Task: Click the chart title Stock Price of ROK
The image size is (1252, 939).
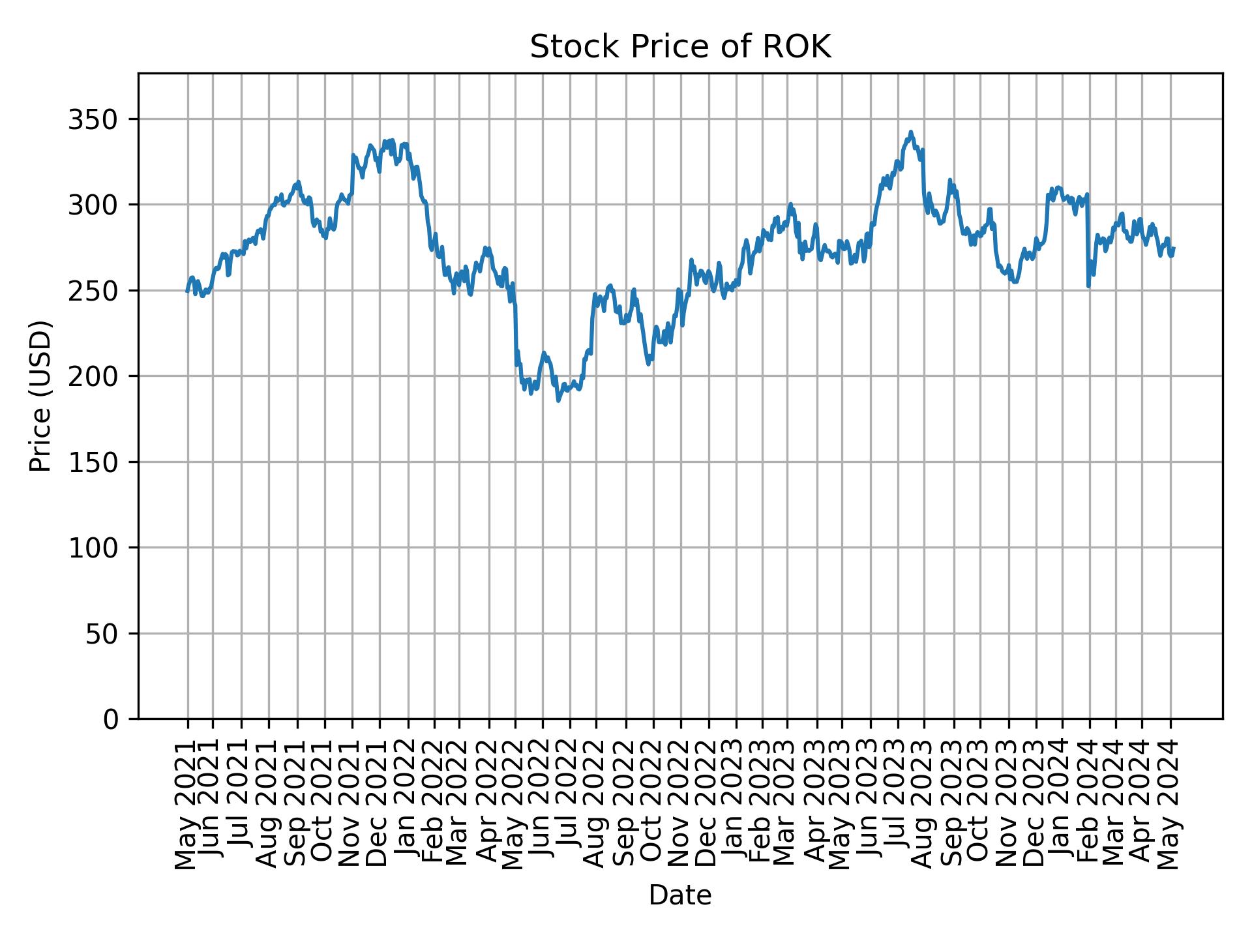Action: pyautogui.click(x=680, y=47)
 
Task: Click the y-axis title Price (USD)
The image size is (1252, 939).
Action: pyautogui.click(x=40, y=396)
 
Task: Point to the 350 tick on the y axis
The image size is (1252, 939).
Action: pyautogui.click(x=98, y=119)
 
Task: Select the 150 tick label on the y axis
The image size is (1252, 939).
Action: pyautogui.click(x=98, y=462)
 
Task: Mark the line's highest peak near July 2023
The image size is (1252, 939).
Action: pyautogui.click(x=911, y=132)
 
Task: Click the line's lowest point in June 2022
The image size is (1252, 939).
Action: pyautogui.click(x=558, y=400)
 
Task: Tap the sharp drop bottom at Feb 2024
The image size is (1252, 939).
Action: pyautogui.click(x=1088, y=286)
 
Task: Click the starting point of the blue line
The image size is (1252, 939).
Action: pyautogui.click(x=187, y=291)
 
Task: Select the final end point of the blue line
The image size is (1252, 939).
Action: pyautogui.click(x=1173, y=248)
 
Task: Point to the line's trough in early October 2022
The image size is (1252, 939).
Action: pyautogui.click(x=648, y=364)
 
